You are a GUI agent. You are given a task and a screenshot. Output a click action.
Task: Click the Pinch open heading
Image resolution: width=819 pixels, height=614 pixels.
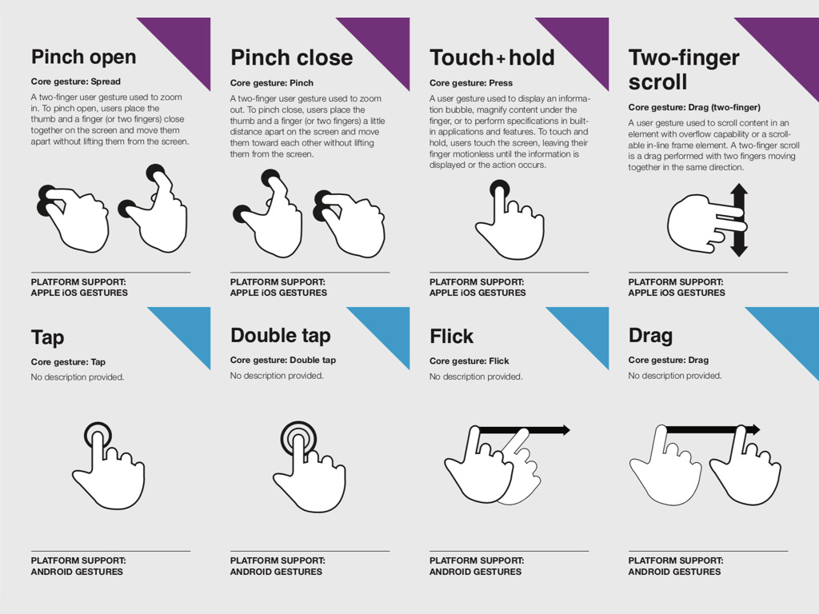click(83, 57)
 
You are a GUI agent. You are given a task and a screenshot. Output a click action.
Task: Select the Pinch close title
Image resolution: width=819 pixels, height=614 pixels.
click(291, 58)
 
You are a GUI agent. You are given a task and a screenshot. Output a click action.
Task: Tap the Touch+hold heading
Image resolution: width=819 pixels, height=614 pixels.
click(492, 58)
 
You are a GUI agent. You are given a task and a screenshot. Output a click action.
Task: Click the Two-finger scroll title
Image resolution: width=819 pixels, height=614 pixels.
click(684, 70)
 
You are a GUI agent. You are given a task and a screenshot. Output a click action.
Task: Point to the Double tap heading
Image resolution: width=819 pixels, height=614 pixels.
click(281, 336)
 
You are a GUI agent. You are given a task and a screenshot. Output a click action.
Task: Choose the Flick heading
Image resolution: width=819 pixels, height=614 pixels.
click(451, 337)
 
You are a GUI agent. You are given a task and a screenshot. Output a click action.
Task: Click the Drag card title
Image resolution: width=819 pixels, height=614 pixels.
click(650, 336)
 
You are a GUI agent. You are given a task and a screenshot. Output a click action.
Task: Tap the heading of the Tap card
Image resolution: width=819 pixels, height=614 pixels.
click(47, 338)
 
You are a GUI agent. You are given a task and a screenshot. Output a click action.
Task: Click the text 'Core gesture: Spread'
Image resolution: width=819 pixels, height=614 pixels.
click(76, 82)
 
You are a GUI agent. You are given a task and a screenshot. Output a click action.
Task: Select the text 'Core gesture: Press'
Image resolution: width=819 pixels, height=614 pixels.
click(471, 83)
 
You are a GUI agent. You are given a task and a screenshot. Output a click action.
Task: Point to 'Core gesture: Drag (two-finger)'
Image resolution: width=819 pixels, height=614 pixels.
click(694, 108)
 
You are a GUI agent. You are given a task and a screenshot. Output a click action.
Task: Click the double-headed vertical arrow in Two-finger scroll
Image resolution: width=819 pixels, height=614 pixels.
click(738, 220)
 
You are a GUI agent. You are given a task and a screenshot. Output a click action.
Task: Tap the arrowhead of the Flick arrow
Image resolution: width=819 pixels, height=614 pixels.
click(565, 430)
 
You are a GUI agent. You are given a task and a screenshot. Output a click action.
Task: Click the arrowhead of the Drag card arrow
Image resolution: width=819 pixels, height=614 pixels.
click(755, 429)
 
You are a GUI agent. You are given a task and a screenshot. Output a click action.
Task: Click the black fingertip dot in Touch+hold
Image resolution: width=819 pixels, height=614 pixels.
click(499, 189)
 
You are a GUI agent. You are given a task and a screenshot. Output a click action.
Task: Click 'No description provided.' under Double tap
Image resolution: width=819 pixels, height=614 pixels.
click(277, 376)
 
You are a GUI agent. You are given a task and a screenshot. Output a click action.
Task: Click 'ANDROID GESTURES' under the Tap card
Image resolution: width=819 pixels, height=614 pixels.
click(77, 572)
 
